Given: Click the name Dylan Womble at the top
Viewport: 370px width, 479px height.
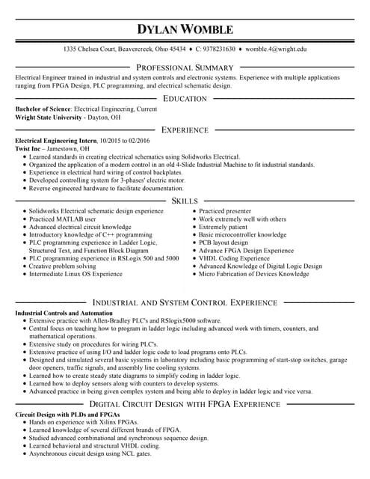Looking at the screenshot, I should tap(185, 30).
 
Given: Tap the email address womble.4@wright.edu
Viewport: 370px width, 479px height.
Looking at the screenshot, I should tap(276, 49).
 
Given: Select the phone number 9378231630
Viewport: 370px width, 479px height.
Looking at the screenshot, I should tap(215, 49).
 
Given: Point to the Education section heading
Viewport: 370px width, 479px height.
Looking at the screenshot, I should tap(185, 99).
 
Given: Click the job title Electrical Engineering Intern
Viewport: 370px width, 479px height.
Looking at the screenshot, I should tap(56, 141).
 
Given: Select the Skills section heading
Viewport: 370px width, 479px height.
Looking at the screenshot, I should tap(185, 201).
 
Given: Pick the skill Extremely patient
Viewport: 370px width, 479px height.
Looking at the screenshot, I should tap(223, 227).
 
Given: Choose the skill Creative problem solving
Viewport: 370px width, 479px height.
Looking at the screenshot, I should tap(62, 266).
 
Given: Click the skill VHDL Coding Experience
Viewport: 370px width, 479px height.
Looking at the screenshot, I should tap(234, 258).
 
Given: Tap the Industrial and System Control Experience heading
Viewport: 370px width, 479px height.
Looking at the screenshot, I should tap(185, 302).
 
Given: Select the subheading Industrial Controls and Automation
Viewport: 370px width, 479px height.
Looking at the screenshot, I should tap(64, 312).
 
